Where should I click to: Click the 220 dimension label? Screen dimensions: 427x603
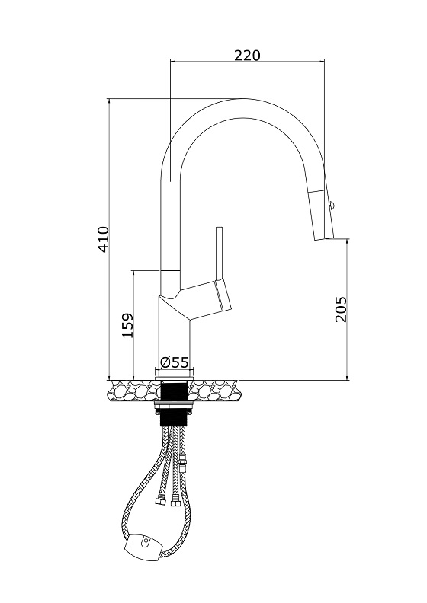(x=247, y=56)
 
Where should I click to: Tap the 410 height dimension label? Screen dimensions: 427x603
(x=104, y=240)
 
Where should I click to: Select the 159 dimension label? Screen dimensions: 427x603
(x=127, y=325)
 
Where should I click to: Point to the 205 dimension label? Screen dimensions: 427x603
(x=341, y=309)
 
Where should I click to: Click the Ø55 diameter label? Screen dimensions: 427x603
(x=174, y=362)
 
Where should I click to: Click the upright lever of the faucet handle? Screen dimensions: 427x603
(x=219, y=253)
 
